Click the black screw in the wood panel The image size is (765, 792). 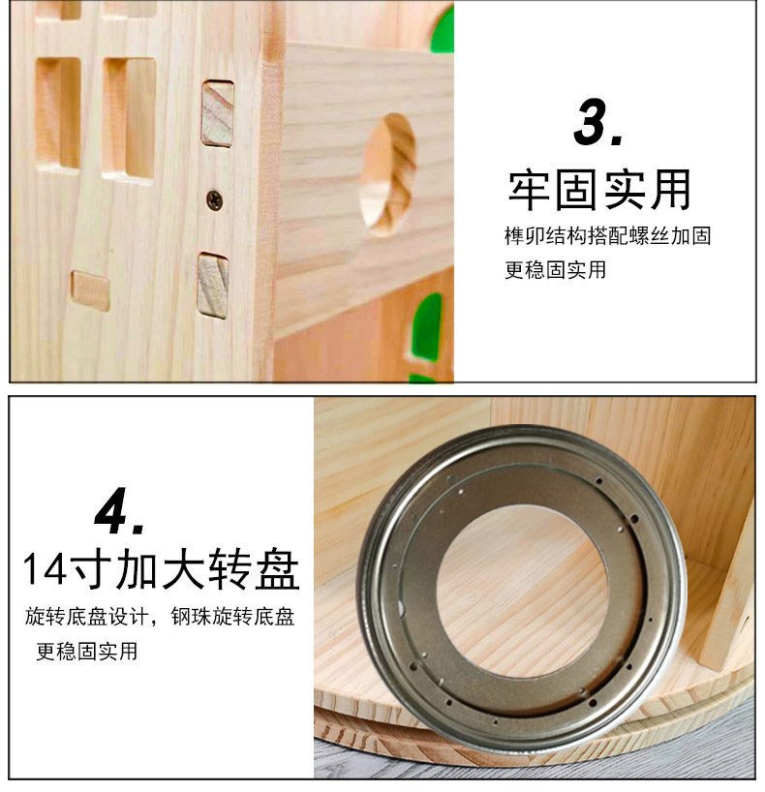pos(215,200)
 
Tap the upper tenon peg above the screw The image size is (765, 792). pos(218,113)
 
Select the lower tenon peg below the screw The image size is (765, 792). pos(213,286)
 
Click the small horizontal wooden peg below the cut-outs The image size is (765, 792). pos(90,290)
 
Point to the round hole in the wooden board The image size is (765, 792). pos(387,174)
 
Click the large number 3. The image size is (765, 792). pos(597,123)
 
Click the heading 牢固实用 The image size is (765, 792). pos(599,191)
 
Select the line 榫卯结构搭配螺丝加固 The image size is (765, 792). pos(608,236)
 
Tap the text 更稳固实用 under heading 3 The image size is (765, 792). pos(555,270)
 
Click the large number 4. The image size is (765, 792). pos(119,510)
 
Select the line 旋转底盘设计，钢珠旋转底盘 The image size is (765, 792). pos(160,617)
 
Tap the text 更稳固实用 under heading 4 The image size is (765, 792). pos(87,651)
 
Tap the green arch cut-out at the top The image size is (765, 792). pos(443,29)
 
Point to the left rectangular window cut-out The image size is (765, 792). pos(58,113)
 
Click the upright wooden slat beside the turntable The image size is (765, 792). pos(727,586)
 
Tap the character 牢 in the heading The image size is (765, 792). pos(529,191)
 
